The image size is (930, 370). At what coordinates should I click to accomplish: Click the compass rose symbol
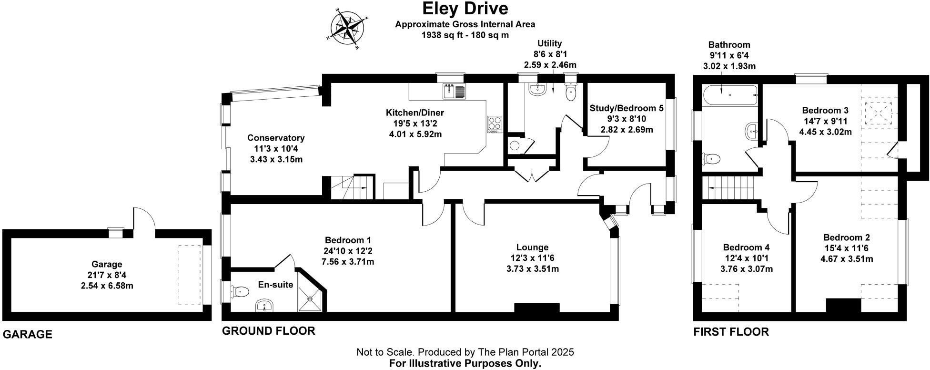(x=347, y=29)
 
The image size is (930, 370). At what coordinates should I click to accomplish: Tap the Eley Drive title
(x=465, y=9)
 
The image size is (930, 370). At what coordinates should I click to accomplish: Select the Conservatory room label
(x=276, y=138)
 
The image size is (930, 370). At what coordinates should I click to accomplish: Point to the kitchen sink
(x=454, y=91)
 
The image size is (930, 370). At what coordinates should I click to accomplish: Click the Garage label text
(x=107, y=264)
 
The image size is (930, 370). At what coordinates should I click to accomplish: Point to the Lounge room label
(x=532, y=247)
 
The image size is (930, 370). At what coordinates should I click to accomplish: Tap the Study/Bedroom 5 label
(x=626, y=108)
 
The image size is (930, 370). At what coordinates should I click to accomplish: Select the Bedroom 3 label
(x=825, y=111)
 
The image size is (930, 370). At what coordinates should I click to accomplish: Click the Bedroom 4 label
(x=746, y=247)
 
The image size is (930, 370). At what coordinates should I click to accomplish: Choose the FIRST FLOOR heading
(x=731, y=332)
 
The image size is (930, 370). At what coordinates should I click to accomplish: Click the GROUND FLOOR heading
(x=269, y=331)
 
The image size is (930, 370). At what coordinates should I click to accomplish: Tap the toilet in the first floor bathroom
(x=711, y=158)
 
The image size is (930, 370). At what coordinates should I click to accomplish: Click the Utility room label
(x=550, y=44)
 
